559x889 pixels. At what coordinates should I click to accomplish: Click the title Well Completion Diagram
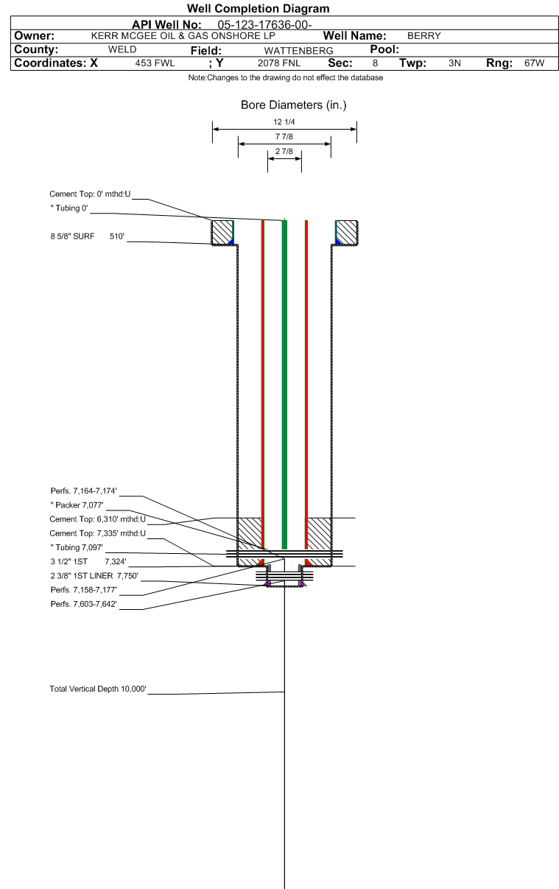pos(259,8)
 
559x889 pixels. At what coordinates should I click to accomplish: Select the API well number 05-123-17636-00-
pos(264,24)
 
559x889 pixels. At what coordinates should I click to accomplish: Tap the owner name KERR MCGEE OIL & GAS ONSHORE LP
pos(183,35)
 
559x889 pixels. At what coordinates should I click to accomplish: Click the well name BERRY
pos(424,35)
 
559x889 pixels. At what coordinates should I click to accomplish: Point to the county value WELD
pos(122,49)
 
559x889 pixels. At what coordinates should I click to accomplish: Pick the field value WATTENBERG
pos(299,51)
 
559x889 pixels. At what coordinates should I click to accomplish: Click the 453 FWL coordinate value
pos(155,63)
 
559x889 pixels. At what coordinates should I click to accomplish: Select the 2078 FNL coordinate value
pos(279,63)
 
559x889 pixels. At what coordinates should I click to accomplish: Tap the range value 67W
pos(535,63)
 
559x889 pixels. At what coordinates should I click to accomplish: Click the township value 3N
pos(454,63)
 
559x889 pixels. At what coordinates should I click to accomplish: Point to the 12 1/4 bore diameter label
pos(284,122)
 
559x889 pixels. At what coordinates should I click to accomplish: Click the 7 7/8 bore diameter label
pos(284,136)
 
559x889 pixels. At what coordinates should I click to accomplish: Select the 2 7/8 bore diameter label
pos(284,151)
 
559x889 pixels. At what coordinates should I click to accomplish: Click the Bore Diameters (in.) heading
pos(294,105)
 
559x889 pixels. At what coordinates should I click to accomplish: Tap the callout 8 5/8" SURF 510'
pos(88,236)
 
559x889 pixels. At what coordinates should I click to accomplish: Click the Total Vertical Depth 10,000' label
pos(98,689)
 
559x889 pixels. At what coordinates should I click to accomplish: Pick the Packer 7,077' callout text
pos(77,505)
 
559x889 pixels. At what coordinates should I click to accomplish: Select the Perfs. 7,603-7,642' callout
pos(84,604)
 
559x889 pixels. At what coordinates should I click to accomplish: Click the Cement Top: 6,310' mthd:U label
pos(98,519)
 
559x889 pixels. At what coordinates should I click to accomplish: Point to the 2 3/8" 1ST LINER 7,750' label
pos(94,576)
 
